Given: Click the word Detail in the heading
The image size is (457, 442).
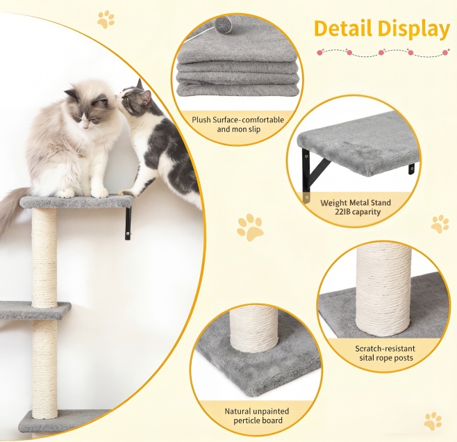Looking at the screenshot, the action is tap(343, 28).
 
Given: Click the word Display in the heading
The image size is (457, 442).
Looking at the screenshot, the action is tap(413, 30).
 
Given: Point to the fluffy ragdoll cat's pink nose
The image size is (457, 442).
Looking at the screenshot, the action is tap(85, 126).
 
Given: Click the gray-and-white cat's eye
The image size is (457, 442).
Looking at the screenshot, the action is tap(127, 98).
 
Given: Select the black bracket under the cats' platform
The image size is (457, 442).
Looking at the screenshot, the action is tap(128, 223).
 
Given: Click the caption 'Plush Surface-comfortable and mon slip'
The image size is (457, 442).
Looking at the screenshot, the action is tap(238, 124).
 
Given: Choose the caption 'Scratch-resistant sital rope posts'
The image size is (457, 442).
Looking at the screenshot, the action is tap(385, 353).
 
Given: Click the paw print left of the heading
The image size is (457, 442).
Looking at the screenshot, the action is tap(106, 19).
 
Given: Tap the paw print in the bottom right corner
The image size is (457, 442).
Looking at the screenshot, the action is tap(433, 421).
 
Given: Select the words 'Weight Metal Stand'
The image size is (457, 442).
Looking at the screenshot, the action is tap(356, 203).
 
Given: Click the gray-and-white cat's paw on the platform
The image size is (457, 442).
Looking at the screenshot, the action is tap(126, 193).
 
